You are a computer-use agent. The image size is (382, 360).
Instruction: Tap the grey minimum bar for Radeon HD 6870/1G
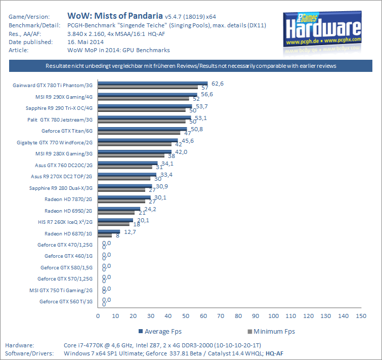[x=105, y=235]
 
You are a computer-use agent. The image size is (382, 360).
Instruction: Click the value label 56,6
[x=206, y=94]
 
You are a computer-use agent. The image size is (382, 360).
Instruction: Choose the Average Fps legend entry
[x=162, y=332]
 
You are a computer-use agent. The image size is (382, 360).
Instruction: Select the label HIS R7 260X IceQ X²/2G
[x=64, y=222]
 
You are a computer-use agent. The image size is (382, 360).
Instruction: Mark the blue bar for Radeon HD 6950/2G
[x=119, y=208]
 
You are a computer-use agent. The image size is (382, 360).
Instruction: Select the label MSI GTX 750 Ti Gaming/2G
[x=61, y=290]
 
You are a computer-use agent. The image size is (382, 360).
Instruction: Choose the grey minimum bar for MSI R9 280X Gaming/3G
[x=131, y=155]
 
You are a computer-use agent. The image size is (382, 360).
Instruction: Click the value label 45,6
[x=187, y=140]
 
